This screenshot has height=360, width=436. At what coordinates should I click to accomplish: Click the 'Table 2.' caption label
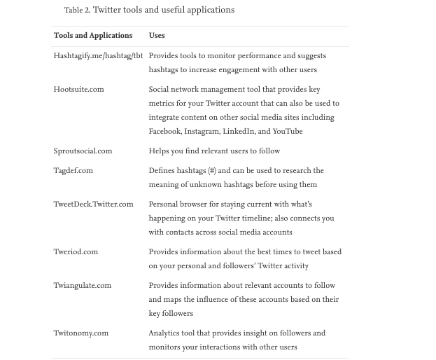pos(77,11)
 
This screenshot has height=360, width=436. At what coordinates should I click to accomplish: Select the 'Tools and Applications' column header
pos(93,36)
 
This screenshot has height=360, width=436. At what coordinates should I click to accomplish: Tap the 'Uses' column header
pos(157,36)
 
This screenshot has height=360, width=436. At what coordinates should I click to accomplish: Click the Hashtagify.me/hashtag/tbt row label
pos(98,56)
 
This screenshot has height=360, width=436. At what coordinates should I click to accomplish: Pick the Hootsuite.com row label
pos(78,90)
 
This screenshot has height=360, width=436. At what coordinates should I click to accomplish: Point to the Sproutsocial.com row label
pos(83,151)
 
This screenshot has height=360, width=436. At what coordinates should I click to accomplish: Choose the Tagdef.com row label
pos(73,171)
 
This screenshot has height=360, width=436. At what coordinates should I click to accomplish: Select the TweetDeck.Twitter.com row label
pos(93,205)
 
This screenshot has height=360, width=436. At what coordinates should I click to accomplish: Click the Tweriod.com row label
pos(76,252)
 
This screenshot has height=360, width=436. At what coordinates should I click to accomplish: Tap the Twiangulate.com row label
pos(83,286)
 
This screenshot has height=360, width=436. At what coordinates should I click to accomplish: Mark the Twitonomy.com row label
pos(81,333)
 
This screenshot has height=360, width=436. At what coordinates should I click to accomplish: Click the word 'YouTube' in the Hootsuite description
pos(287,132)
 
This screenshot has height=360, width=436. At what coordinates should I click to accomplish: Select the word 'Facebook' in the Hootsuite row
pos(164,132)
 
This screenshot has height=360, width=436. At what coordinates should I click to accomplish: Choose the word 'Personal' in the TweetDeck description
pos(164,205)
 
